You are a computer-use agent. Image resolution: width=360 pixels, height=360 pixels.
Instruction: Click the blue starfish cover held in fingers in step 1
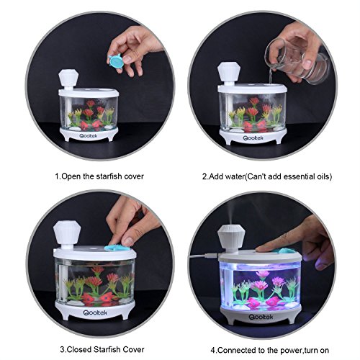click(x=117, y=61)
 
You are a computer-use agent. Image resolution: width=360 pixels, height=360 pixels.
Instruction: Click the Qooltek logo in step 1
click(x=89, y=136)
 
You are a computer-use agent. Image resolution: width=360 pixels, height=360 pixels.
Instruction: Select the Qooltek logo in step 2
click(x=253, y=138)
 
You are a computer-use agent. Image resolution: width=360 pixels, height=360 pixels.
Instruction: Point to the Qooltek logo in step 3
click(x=95, y=312)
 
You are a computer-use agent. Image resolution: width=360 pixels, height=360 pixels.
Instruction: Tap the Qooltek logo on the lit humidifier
click(x=261, y=317)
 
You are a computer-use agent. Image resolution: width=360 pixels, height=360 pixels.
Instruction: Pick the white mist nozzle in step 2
click(x=228, y=73)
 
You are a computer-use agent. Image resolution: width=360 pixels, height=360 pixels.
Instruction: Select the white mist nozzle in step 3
click(x=67, y=235)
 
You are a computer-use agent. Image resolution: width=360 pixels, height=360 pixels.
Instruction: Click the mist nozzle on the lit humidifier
click(x=231, y=239)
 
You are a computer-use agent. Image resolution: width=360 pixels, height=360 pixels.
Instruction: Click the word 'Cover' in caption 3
click(x=134, y=349)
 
